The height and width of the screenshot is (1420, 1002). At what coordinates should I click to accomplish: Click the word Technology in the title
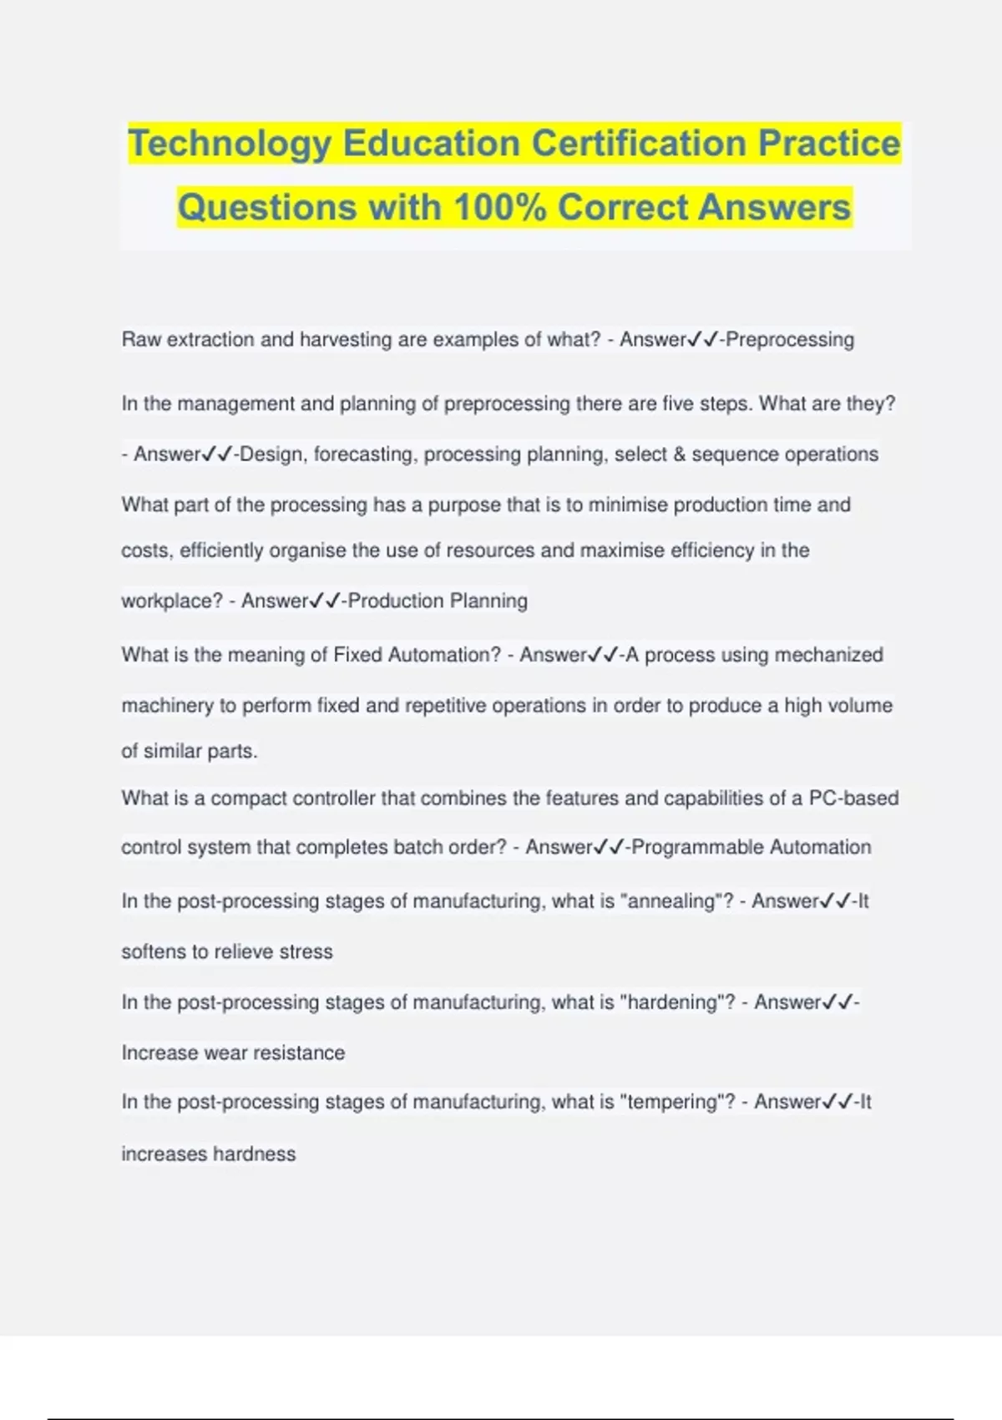(x=230, y=144)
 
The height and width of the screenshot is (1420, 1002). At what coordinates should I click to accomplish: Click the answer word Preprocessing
(x=790, y=340)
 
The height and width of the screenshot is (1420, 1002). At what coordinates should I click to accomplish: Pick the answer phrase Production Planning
(x=438, y=601)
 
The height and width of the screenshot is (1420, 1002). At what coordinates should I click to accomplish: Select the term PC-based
(x=853, y=798)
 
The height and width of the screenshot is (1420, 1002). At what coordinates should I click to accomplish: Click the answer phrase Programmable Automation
(x=751, y=847)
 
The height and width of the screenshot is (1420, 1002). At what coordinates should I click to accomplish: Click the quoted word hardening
(x=676, y=1002)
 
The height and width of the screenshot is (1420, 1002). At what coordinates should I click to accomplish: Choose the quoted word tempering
(x=677, y=1102)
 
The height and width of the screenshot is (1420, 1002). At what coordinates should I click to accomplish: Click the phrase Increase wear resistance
(x=233, y=1053)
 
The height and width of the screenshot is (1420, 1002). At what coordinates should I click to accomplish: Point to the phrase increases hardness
(x=209, y=1154)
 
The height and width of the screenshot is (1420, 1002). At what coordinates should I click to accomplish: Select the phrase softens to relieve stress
(x=227, y=952)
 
